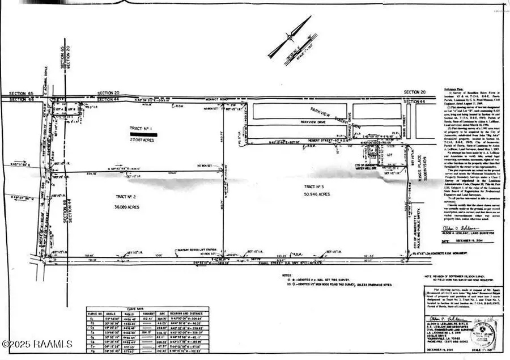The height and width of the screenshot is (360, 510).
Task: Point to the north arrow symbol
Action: click(290, 37)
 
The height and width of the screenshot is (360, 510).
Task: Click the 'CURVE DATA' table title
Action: click(147, 304)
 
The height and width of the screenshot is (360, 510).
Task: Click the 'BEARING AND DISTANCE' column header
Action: click(186, 313)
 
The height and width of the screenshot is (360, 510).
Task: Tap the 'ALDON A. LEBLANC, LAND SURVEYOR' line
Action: click(464, 232)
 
